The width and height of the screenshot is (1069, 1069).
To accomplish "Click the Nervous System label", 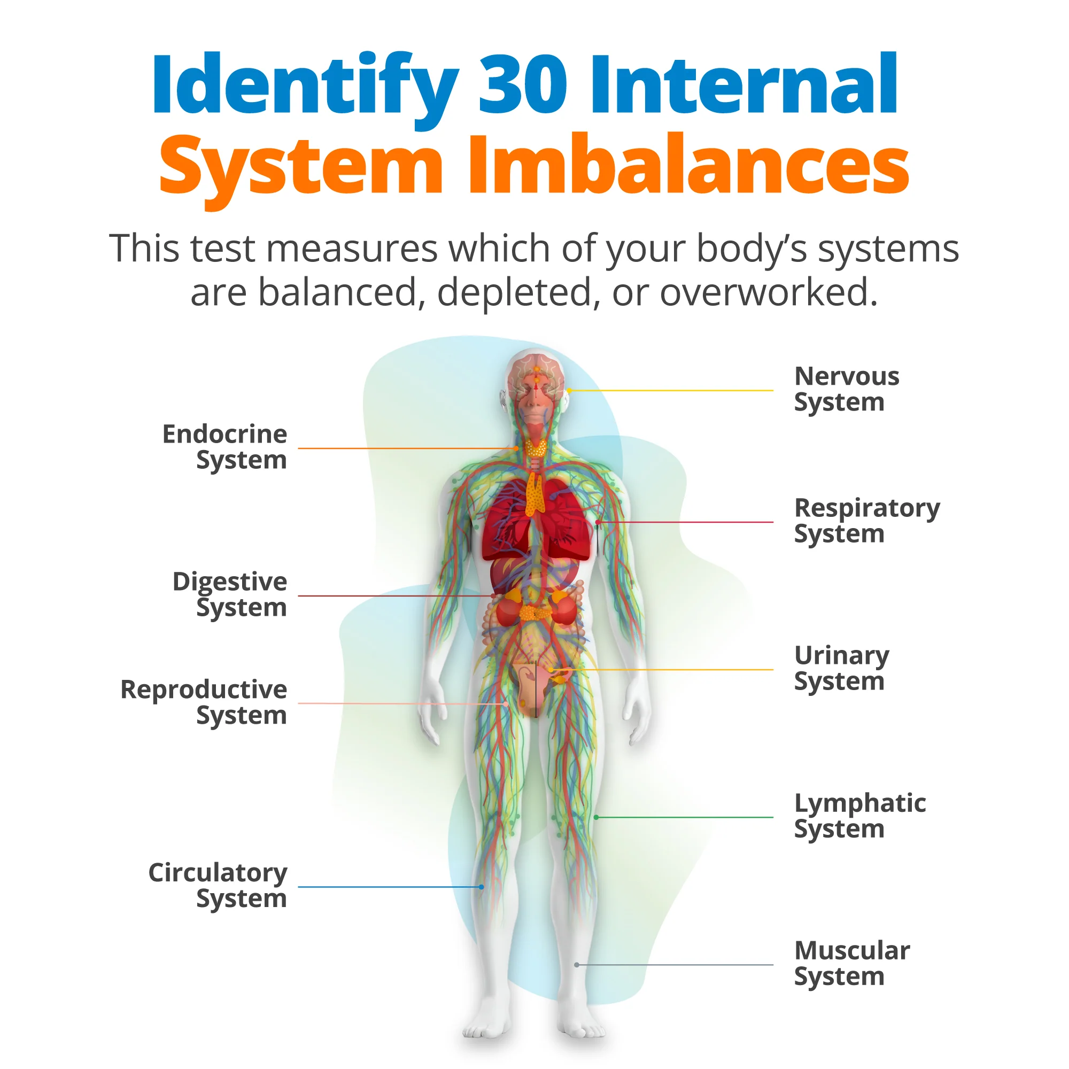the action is [847, 390].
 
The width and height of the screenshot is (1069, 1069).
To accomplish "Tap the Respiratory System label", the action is [867, 521].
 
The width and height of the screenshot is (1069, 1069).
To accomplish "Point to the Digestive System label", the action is [230, 595].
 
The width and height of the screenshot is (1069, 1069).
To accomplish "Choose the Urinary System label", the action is [842, 669].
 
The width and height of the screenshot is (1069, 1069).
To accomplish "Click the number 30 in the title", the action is [523, 84].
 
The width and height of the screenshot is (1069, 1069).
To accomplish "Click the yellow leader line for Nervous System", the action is [671, 391].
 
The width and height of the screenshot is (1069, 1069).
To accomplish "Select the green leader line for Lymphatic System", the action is [685, 817].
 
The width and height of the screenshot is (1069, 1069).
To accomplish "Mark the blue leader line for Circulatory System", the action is [390, 887].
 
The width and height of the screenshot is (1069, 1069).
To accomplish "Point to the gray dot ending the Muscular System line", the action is [577, 965].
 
